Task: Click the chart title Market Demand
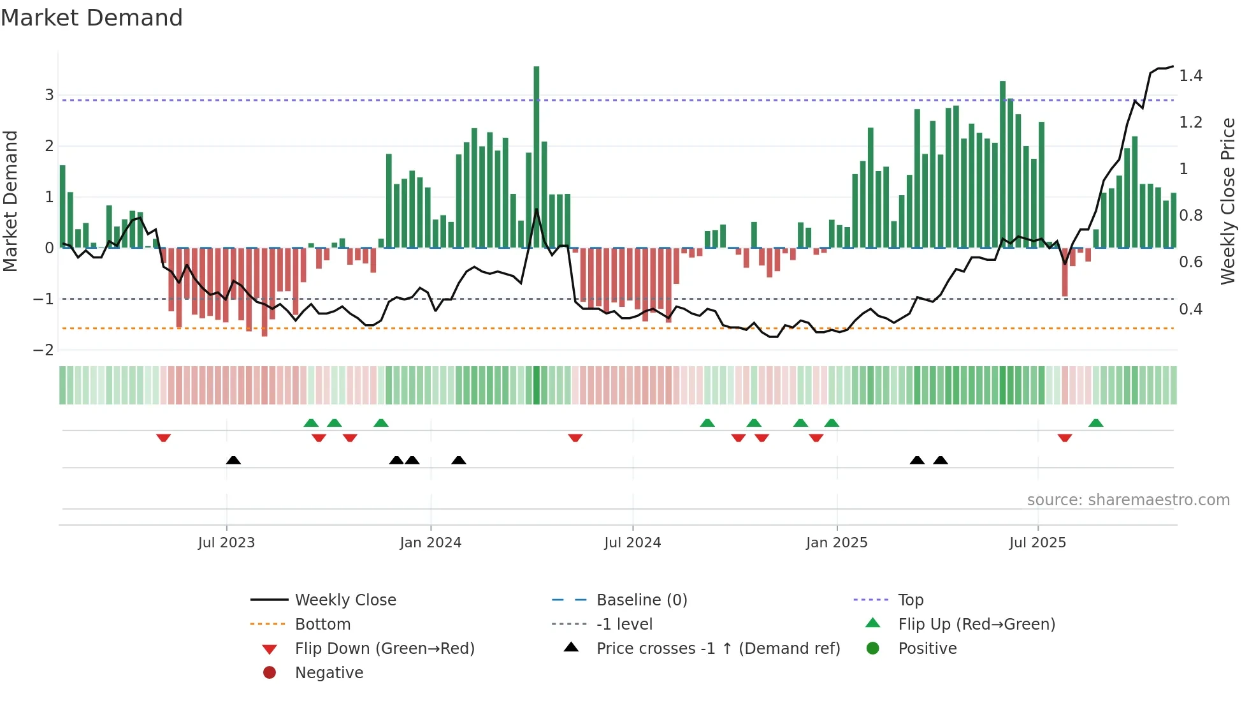[x=92, y=18]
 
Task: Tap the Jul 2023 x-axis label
[x=226, y=543]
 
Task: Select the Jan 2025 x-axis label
[x=837, y=543]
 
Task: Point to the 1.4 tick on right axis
[x=1190, y=76]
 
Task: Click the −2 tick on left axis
[x=44, y=350]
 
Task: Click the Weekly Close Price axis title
[x=1227, y=201]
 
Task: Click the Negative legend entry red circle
[x=270, y=673]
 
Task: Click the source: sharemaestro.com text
[x=1128, y=500]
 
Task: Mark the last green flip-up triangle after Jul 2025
[x=1096, y=423]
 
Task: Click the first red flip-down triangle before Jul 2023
[x=163, y=438]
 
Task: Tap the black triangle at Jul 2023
[x=233, y=460]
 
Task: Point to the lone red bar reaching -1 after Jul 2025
[x=1065, y=273]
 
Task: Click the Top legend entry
[x=910, y=600]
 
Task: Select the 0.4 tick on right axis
[x=1190, y=309]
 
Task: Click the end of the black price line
[x=1173, y=66]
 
